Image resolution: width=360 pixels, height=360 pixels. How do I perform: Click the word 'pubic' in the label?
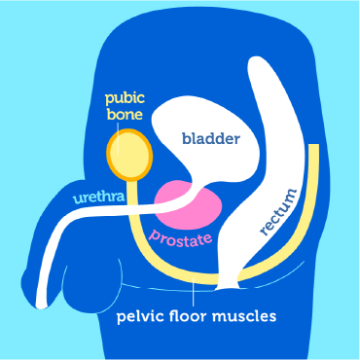click(126, 100)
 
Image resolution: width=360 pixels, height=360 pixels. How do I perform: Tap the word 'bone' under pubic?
click(126, 116)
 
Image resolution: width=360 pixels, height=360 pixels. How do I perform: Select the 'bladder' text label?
click(210, 138)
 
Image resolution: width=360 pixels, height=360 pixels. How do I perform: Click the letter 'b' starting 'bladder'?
click(186, 138)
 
